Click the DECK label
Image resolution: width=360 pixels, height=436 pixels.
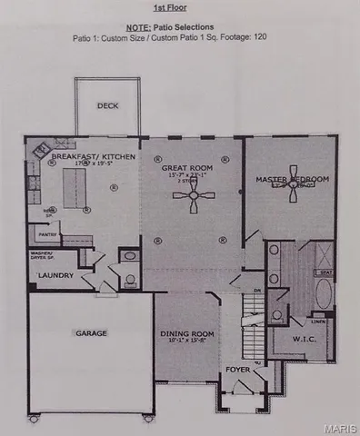click(x=108, y=105)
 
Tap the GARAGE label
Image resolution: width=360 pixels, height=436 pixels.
click(x=90, y=333)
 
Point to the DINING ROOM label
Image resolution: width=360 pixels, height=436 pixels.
click(x=185, y=333)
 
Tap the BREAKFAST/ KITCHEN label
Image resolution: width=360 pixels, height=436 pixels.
click(x=94, y=157)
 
